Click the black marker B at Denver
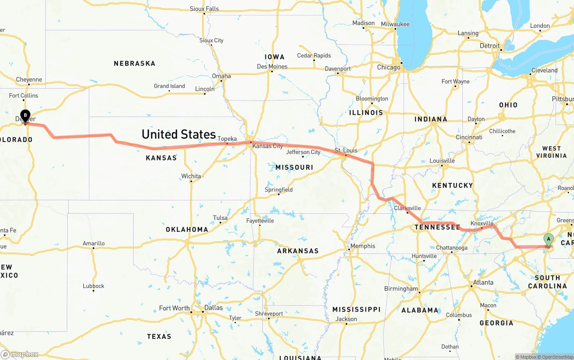(x=26, y=116)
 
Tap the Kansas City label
(x=267, y=146)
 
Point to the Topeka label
(x=227, y=139)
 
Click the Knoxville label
(x=482, y=223)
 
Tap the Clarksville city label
(x=407, y=208)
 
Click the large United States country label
(x=178, y=134)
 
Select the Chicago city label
(x=388, y=67)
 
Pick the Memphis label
(x=363, y=246)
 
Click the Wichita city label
(x=191, y=176)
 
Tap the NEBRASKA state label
(x=135, y=64)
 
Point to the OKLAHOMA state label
(x=187, y=230)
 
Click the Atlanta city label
(x=483, y=282)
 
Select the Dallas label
(x=213, y=308)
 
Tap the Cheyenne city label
(x=29, y=80)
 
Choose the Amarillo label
(x=94, y=243)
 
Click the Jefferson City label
(x=303, y=152)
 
